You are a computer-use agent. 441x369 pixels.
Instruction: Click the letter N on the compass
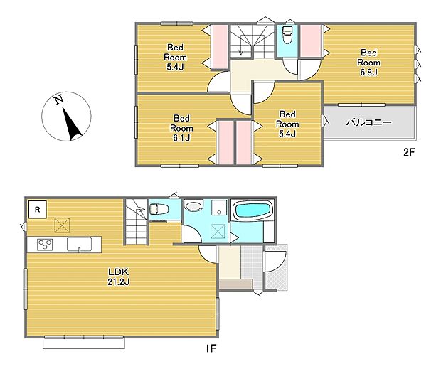pos(58,100)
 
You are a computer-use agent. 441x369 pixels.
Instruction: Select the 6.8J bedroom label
pos(368,63)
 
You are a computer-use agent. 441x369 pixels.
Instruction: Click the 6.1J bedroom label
pos(181,128)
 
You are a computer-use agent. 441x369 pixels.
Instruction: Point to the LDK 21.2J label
pos(118,277)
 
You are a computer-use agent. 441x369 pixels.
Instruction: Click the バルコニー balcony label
pos(368,122)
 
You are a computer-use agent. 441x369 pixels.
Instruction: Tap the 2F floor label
pos(409,152)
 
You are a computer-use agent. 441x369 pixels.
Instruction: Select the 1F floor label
pos(210,348)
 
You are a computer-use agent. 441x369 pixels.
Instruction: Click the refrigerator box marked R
pos(37,209)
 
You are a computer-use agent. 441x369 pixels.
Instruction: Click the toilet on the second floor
pos(287,34)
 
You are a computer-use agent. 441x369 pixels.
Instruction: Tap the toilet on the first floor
pos(159,209)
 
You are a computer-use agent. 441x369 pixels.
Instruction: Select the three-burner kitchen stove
pos(45,244)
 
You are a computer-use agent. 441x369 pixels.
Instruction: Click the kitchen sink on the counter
pos(80,244)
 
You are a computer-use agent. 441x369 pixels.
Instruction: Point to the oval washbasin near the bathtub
pos(193,206)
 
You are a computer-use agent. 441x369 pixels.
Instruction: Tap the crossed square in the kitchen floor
pos(62,225)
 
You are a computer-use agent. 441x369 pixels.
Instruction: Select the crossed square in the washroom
pos(219,231)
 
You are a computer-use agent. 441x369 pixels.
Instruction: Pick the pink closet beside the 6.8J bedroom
pos(311,41)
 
